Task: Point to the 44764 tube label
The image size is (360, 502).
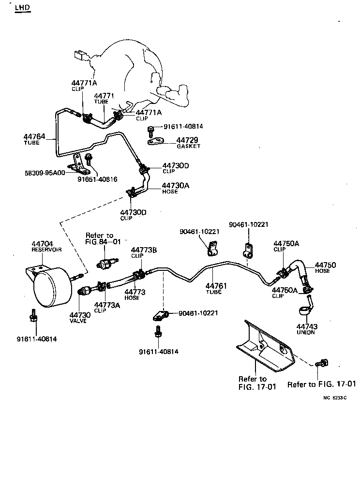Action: [x=34, y=137]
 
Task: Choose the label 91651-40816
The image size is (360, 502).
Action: [x=97, y=179]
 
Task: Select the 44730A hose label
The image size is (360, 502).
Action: [x=175, y=185]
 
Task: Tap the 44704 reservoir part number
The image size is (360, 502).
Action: [x=42, y=244]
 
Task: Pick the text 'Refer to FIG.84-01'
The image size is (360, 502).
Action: [x=103, y=238]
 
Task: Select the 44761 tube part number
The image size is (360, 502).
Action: [x=213, y=286]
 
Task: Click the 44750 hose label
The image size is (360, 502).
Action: [x=325, y=265]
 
